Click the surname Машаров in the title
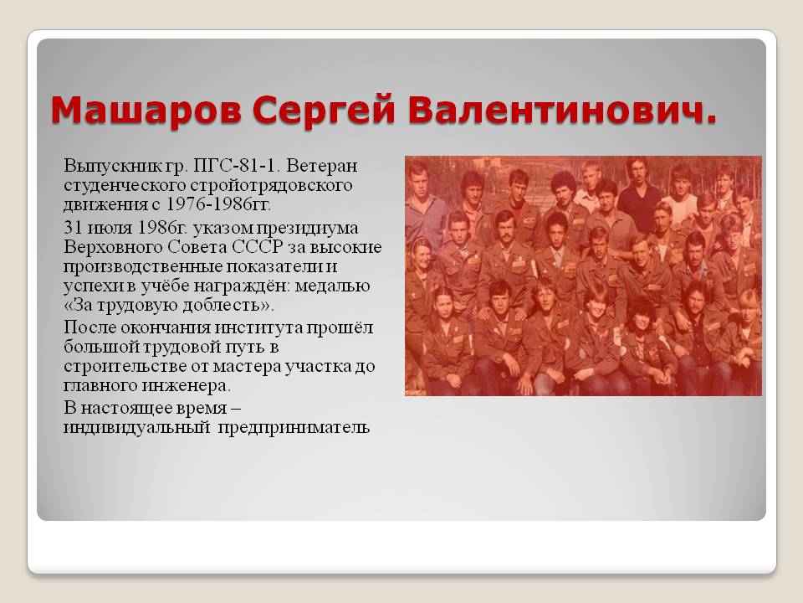pos(146,109)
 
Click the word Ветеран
pos(321,166)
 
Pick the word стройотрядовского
pos(271,185)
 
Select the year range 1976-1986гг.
pos(218,204)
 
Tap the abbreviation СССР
pos(258,246)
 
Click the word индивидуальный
pos(136,428)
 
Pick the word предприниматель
pos(294,428)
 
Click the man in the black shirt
pos(638,193)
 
